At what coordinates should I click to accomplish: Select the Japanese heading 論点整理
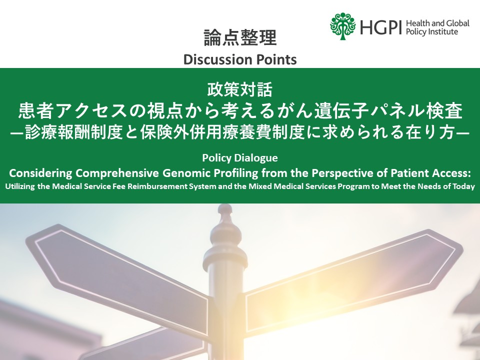click(240, 38)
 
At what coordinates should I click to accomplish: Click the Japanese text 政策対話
click(240, 90)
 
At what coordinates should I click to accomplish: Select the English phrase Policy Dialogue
click(240, 158)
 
